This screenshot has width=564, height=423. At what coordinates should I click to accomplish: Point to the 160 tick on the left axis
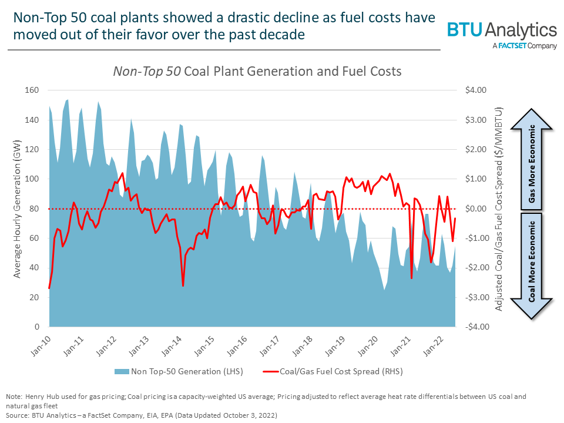click(x=31, y=90)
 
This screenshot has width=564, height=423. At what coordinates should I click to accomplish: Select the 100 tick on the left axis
click(x=31, y=179)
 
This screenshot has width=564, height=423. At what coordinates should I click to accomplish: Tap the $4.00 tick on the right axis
click(x=476, y=90)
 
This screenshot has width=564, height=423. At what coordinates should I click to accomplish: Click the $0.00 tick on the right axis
click(x=476, y=209)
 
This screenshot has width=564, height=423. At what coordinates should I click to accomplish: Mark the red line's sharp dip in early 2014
click(x=183, y=286)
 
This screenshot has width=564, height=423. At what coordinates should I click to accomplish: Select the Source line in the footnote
click(x=141, y=415)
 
